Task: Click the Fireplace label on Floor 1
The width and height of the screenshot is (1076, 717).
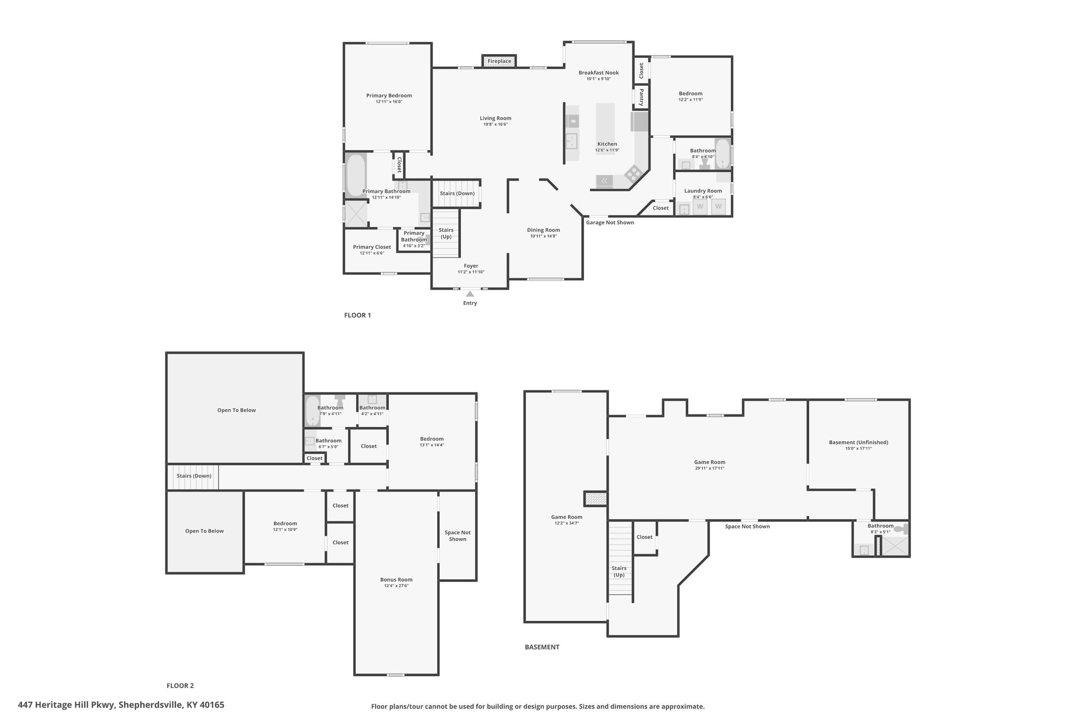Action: tap(499, 61)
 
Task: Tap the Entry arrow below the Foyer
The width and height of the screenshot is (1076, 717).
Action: tap(470, 294)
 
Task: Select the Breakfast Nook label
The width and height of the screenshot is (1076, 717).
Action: tap(598, 73)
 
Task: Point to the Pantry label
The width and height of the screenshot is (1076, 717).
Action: tap(642, 97)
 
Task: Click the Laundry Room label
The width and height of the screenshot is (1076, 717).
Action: tap(703, 191)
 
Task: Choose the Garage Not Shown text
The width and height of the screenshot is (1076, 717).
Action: tap(610, 223)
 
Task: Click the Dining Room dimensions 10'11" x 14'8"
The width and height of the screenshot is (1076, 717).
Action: tap(543, 236)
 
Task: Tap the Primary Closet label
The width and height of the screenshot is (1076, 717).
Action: tap(372, 247)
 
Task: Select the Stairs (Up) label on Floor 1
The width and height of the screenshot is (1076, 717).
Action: tap(446, 233)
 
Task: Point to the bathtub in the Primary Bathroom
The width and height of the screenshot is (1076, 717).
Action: tap(356, 175)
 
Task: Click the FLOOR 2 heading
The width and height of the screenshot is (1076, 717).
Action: tap(180, 685)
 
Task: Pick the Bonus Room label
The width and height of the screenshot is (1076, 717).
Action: tap(396, 580)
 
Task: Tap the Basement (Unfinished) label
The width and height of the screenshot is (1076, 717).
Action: tap(858, 442)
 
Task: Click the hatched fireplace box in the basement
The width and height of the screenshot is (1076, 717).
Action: tap(596, 498)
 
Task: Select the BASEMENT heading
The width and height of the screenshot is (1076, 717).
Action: tap(542, 647)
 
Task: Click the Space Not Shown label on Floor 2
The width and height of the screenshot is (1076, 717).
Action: tap(458, 536)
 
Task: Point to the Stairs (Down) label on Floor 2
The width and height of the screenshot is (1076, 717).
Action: tap(194, 476)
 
